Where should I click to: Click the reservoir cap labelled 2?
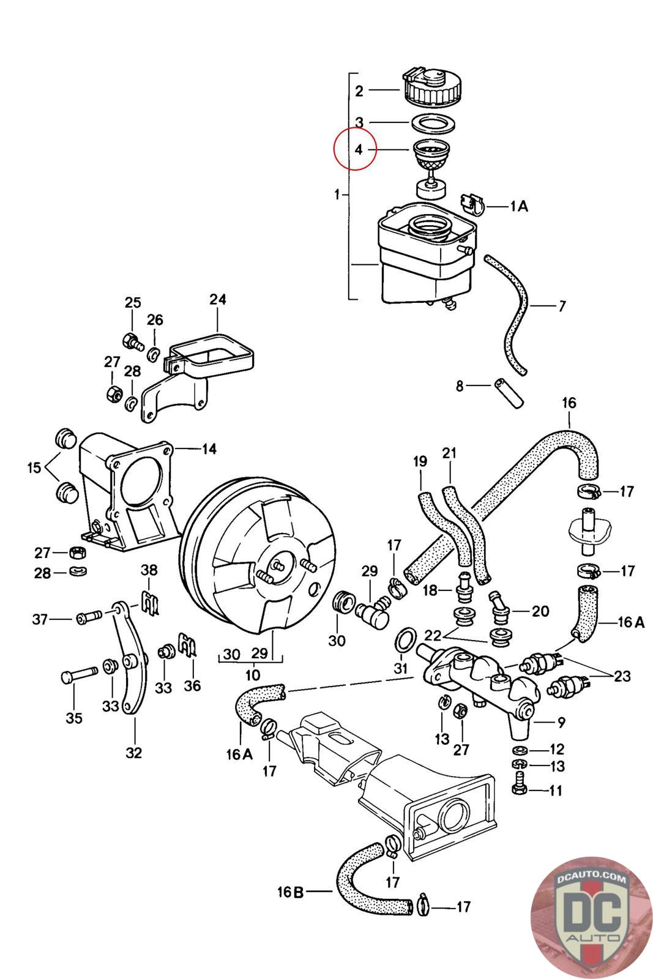(x=430, y=87)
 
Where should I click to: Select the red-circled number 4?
(x=359, y=149)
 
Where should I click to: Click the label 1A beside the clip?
(x=519, y=207)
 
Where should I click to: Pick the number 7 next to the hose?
(x=562, y=306)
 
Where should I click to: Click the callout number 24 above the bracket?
(x=217, y=300)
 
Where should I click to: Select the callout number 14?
(x=209, y=449)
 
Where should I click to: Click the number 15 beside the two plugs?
(x=34, y=468)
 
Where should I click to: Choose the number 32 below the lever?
(x=133, y=752)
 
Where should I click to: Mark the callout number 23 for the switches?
(x=622, y=676)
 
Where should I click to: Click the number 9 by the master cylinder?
(x=561, y=723)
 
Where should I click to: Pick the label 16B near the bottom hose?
(x=290, y=892)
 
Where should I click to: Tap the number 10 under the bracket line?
(x=252, y=676)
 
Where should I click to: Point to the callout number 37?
(x=40, y=620)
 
